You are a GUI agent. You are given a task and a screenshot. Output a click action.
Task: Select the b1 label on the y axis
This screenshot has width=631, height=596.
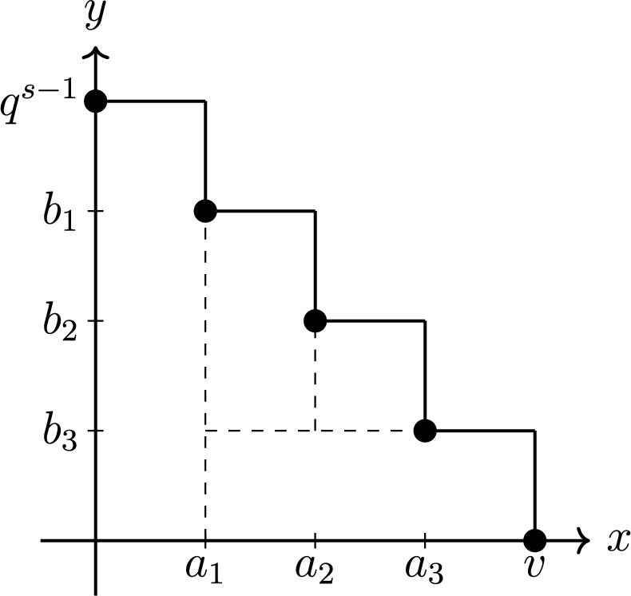tap(61, 213)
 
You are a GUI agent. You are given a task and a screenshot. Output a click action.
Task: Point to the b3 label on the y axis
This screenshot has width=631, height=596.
tap(61, 432)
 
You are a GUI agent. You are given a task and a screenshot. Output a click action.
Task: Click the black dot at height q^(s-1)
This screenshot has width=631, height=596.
tap(96, 101)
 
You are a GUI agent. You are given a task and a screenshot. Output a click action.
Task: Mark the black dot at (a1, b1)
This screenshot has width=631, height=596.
tap(205, 211)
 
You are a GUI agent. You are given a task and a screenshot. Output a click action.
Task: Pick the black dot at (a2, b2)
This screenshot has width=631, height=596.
tap(315, 320)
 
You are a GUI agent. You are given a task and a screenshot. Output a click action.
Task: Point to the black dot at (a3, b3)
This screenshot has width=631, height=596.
tap(425, 431)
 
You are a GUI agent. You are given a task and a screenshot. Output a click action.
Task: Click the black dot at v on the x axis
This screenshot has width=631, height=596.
tap(534, 539)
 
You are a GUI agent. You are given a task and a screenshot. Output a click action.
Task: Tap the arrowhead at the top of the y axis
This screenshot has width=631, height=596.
tap(96, 52)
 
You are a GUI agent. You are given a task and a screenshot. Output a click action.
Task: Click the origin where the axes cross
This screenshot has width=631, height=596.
tap(96, 540)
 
